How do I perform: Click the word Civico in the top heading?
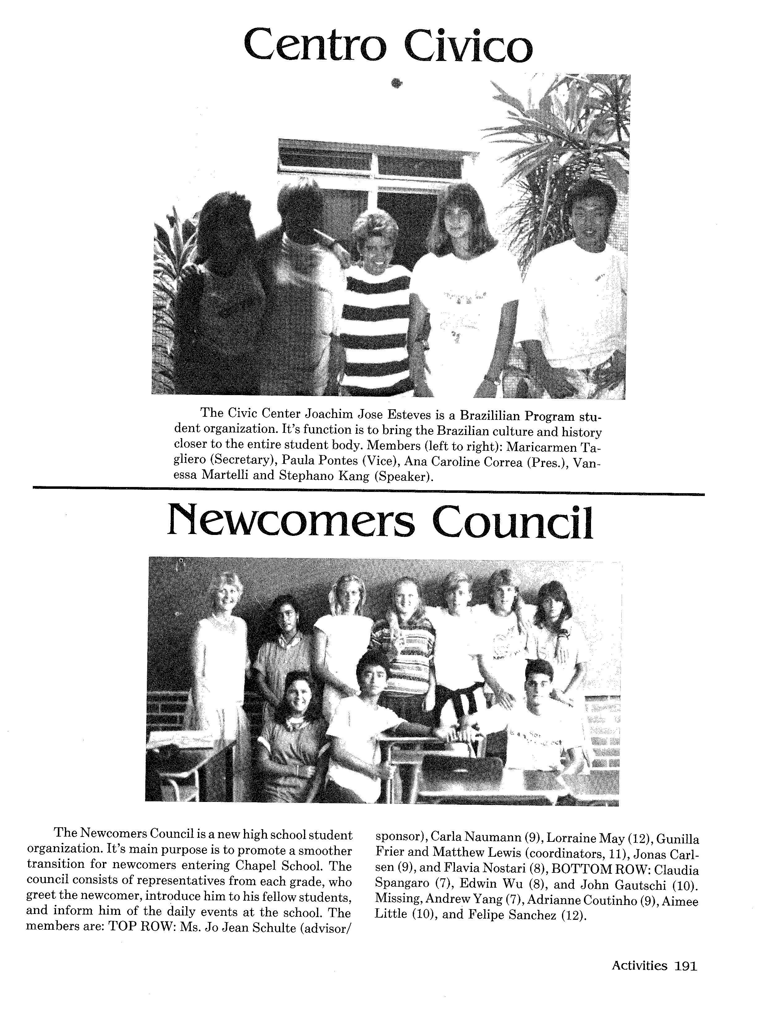(471, 46)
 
